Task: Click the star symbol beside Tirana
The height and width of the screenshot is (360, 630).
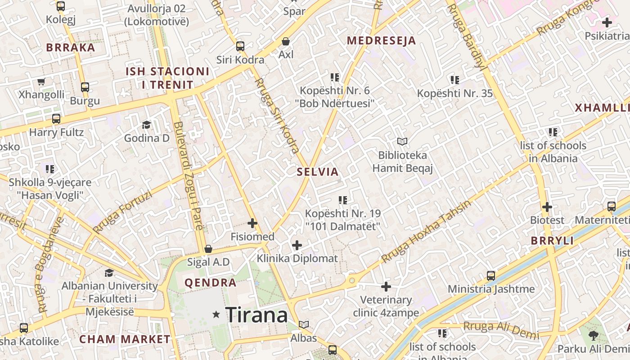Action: tap(216, 315)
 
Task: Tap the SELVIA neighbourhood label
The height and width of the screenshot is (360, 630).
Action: tap(317, 172)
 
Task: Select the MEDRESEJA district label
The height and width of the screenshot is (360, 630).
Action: tap(381, 41)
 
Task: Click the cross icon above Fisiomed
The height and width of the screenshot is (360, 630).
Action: tap(252, 223)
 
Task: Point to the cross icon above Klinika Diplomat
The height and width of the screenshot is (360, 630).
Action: tap(297, 245)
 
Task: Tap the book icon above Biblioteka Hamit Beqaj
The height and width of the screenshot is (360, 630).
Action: tap(402, 142)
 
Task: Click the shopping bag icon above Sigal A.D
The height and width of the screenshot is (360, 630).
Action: tap(208, 249)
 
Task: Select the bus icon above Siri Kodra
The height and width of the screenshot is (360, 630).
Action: tap(240, 46)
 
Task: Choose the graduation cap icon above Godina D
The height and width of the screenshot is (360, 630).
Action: tap(146, 125)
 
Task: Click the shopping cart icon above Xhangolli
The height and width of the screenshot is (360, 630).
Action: tap(41, 81)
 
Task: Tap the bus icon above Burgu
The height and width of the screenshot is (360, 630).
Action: tap(85, 87)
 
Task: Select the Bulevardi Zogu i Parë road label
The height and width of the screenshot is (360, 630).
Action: tap(189, 175)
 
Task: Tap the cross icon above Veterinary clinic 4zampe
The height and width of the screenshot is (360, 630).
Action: tap(386, 287)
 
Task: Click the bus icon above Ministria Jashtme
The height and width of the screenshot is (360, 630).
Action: tap(491, 275)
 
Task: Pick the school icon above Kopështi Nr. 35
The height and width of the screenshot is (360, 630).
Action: tap(455, 80)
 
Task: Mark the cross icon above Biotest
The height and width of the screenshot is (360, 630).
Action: tap(547, 207)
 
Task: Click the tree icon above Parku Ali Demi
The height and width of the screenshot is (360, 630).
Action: tap(594, 335)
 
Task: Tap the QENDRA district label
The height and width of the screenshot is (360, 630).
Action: tap(210, 283)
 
